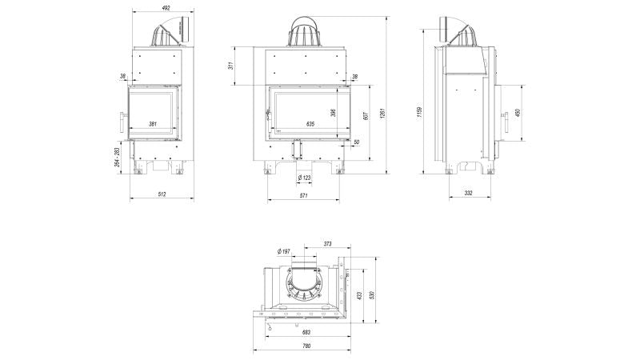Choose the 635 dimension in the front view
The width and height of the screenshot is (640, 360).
pyautogui.click(x=310, y=124)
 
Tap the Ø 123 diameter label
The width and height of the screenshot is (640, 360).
pyautogui.click(x=304, y=177)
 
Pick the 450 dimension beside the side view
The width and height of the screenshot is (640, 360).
pyautogui.click(x=518, y=113)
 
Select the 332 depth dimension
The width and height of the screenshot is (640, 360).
pyautogui.click(x=468, y=194)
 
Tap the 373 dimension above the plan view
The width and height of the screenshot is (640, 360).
pyautogui.click(x=327, y=243)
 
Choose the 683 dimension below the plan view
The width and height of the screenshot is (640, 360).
pyautogui.click(x=306, y=332)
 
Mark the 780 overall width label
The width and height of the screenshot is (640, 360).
pyautogui.click(x=306, y=346)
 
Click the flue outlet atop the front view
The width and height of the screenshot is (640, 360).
pyautogui.click(x=305, y=32)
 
